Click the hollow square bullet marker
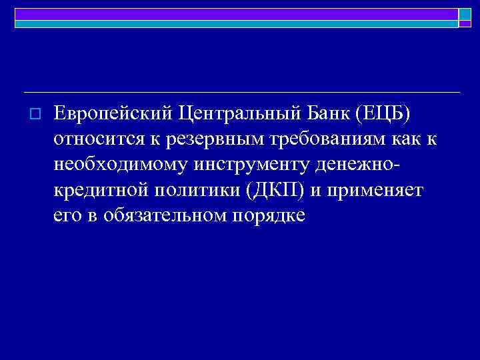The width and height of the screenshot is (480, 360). point(36,115)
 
